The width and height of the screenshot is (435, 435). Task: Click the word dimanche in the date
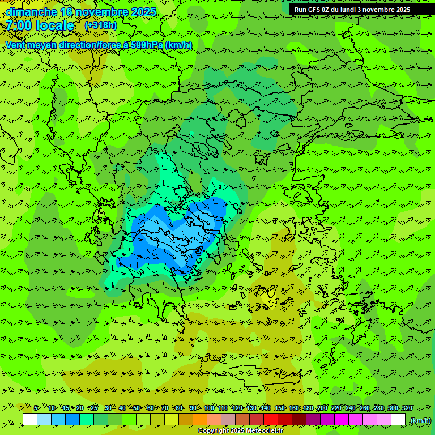(x=31, y=12)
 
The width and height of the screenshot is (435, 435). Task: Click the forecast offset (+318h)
(x=100, y=25)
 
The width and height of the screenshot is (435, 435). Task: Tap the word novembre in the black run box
(x=379, y=10)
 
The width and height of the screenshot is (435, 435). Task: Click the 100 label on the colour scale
(x=209, y=408)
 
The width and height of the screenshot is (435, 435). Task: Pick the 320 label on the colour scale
(x=407, y=408)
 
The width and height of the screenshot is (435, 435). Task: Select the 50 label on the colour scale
(x=137, y=408)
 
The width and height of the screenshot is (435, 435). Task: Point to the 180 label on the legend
(x=308, y=408)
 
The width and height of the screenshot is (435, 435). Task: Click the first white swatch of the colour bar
(x=30, y=420)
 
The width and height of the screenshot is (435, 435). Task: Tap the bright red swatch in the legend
(x=271, y=420)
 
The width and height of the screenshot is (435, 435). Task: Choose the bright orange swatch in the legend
(x=200, y=420)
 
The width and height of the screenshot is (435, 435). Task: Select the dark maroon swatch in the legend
(x=299, y=420)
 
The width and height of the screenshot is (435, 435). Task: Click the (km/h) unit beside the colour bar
(x=420, y=420)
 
